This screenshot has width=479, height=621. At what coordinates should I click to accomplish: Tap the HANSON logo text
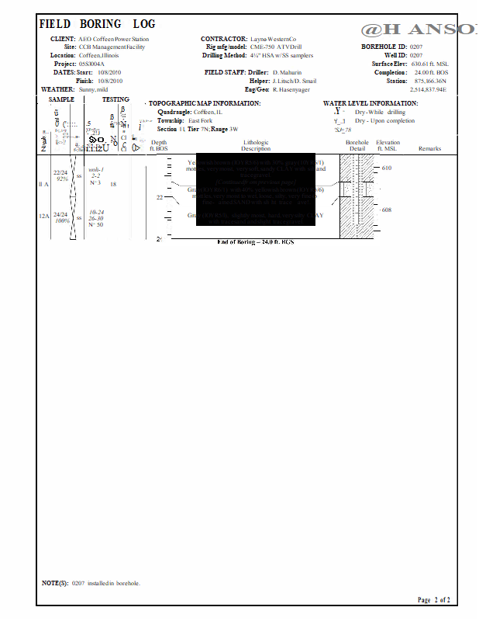point(419,29)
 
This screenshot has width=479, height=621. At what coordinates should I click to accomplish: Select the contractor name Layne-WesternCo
point(273,39)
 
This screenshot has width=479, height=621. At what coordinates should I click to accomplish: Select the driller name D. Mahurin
point(287,72)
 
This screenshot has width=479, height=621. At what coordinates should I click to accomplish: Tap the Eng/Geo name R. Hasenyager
point(291,89)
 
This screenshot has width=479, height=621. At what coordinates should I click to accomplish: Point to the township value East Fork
point(201,120)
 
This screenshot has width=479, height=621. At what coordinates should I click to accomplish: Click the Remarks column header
point(429,148)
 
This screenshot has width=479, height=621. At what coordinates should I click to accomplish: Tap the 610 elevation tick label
point(387,168)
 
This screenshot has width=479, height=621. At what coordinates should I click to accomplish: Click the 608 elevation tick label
point(387,210)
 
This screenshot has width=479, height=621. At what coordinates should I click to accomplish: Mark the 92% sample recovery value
point(62,179)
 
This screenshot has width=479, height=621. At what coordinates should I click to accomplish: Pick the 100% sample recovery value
point(62,221)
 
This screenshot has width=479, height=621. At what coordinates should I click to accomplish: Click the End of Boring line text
point(256,242)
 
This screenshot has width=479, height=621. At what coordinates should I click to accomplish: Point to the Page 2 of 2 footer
point(433,600)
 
